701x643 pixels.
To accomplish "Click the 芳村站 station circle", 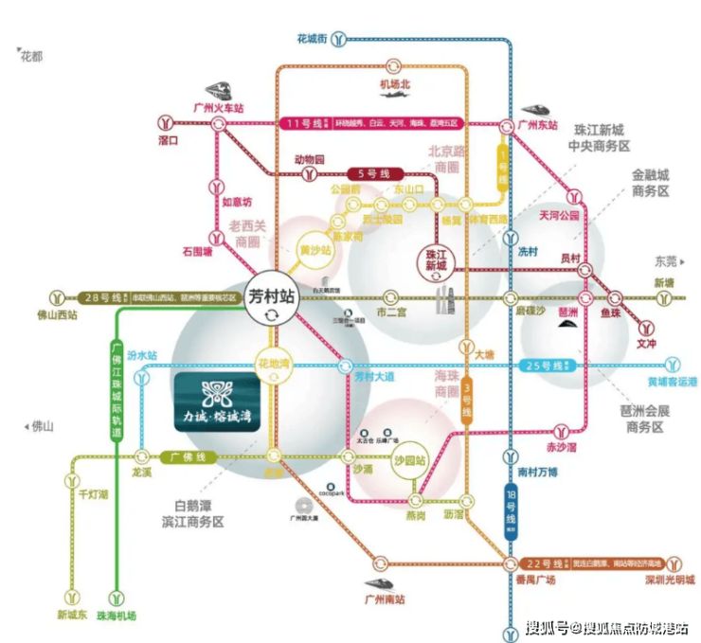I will (x=272, y=296).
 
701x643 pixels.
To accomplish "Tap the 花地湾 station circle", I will (x=274, y=366).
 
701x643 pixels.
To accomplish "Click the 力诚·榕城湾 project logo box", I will (x=217, y=403).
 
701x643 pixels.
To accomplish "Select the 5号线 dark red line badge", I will (x=373, y=174).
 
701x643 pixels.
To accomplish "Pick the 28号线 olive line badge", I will (x=107, y=296).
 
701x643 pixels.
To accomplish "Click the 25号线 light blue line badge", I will (x=548, y=366).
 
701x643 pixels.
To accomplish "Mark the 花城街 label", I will (x=312, y=39).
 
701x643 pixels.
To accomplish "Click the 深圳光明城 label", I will (x=671, y=580).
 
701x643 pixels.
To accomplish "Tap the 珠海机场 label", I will (x=115, y=616).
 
